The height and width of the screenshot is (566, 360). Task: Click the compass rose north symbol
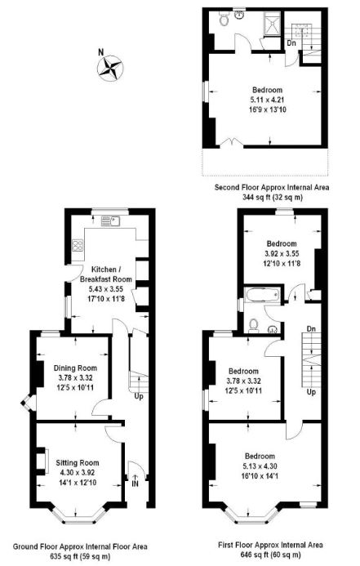coord(110,67)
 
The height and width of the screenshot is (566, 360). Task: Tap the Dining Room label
coord(75,368)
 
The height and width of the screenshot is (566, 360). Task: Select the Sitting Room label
coord(78,463)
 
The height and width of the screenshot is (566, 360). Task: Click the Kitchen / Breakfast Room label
coord(105,274)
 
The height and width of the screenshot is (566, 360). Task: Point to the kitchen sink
coord(110,221)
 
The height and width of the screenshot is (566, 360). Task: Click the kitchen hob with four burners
coord(78,246)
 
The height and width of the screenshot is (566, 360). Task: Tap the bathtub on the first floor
coord(261,296)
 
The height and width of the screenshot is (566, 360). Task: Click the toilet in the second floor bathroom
coord(224,20)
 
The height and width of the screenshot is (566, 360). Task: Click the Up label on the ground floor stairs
coord(139,396)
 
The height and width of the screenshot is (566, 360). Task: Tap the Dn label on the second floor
coord(291,43)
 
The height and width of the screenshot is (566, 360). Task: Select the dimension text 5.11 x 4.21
coord(267,100)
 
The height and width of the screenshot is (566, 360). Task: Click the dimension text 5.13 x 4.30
coord(260,466)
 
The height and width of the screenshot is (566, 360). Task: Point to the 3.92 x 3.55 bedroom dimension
coord(282,253)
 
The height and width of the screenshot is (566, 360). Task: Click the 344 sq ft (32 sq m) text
coord(273,198)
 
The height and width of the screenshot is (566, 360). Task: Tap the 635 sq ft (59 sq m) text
coord(80,556)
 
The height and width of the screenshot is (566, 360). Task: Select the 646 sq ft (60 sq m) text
coord(270,555)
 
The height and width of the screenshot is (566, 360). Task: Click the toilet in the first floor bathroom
coord(254,325)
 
